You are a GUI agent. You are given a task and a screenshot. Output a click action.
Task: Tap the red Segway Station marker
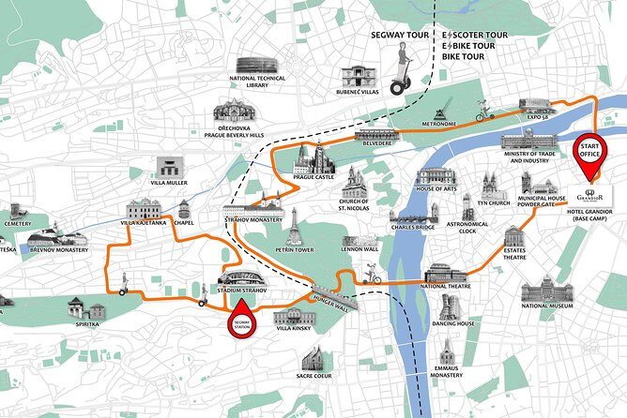point(243,316)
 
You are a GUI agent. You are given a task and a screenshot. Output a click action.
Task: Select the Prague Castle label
point(313,178)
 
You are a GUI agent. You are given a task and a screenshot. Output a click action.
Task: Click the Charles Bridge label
point(414,226)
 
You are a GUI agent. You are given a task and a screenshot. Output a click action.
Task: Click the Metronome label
point(438,123)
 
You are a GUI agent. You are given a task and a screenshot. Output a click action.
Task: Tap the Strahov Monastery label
point(253,219)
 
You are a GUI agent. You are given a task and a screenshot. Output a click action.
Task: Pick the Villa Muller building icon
point(168,168)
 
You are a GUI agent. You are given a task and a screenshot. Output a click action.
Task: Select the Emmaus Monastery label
point(447,371)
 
